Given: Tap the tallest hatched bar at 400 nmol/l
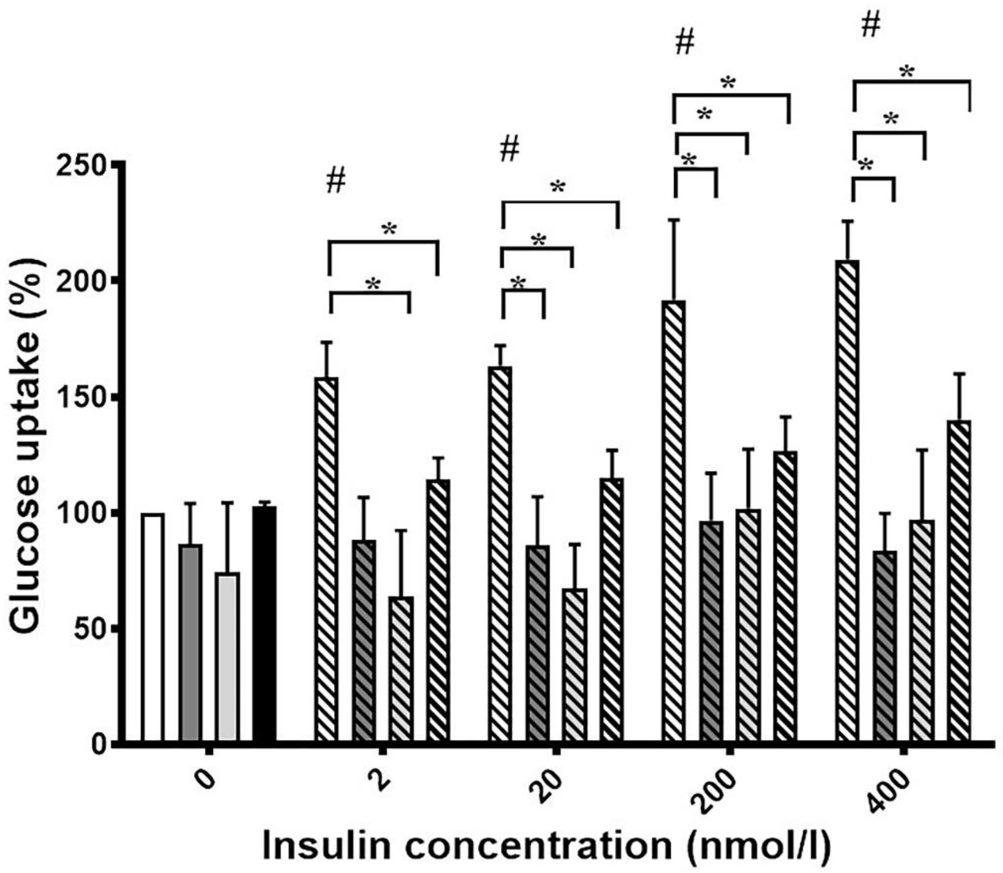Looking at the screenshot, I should point(847,502).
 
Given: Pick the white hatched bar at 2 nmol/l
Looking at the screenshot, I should point(327,560).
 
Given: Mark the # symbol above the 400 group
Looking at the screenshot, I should point(871,26).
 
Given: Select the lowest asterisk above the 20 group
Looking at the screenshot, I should point(519,282).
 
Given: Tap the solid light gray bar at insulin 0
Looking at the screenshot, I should point(227,658).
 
